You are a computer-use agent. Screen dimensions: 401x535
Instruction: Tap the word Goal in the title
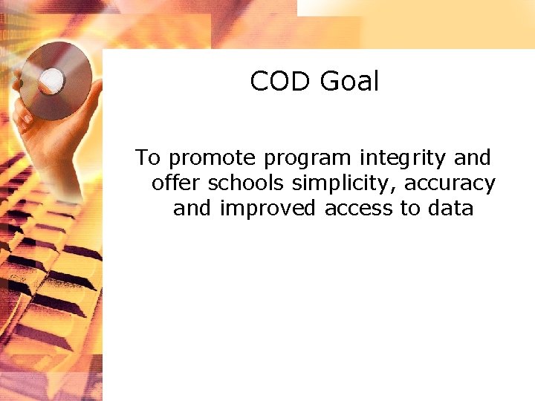[349, 81]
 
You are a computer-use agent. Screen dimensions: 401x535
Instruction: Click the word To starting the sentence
[148, 158]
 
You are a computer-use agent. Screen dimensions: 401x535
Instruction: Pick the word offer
[176, 183]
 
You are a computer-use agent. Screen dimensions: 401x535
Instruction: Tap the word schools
[246, 183]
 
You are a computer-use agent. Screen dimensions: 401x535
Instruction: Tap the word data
[451, 209]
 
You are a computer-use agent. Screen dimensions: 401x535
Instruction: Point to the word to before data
[410, 209]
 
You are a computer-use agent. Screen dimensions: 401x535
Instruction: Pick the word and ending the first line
[473, 158]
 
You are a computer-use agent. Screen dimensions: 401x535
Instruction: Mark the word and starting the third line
[192, 209]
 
